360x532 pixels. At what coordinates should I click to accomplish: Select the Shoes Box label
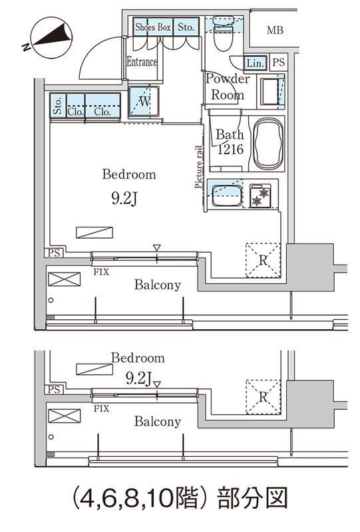pyautogui.click(x=153, y=27)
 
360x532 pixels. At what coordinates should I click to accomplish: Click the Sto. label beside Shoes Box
pyautogui.click(x=186, y=27)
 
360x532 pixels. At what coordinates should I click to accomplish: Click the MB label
pyautogui.click(x=275, y=30)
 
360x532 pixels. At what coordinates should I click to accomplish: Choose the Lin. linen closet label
pyautogui.click(x=255, y=63)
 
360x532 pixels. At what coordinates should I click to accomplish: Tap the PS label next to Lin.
pyautogui.click(x=279, y=63)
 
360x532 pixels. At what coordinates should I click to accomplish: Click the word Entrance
pyautogui.click(x=142, y=62)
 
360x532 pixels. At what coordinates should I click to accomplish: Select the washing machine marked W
pyautogui.click(x=144, y=102)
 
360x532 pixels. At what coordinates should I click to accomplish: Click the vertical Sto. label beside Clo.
pyautogui.click(x=58, y=106)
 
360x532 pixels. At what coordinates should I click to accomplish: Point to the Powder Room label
pyautogui.click(x=227, y=86)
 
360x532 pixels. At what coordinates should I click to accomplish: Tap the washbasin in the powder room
pyautogui.click(x=271, y=91)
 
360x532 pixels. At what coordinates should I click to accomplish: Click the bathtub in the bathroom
pyautogui.click(x=268, y=143)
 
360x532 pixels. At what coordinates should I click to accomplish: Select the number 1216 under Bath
pyautogui.click(x=230, y=149)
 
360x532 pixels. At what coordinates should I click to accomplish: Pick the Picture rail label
pyautogui.click(x=199, y=167)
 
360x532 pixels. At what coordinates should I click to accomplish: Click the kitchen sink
pyautogui.click(x=227, y=195)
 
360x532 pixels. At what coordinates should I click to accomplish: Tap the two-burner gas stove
pyautogui.click(x=260, y=196)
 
